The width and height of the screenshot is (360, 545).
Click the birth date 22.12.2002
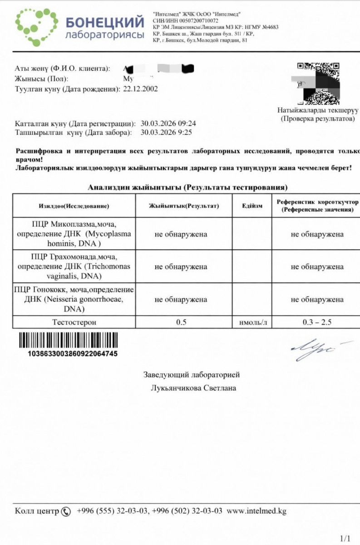pos(140,89)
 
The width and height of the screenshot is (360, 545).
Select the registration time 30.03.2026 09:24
pos(168,124)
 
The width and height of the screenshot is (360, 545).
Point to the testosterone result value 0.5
pos(181,322)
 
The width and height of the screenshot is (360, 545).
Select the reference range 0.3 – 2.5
pos(317,322)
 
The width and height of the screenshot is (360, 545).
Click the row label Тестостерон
pos(74,322)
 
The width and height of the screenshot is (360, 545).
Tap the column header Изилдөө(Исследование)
pos(74,206)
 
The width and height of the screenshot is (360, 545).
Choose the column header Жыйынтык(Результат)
pos(184,206)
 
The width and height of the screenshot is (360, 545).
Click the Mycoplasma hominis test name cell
pos(74,234)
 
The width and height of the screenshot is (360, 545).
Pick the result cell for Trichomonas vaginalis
pos(181,267)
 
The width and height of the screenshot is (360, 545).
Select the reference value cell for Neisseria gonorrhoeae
pos(317,299)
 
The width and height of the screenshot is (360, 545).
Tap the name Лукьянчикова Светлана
pos(193,388)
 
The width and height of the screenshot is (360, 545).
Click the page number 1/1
pos(345,539)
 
